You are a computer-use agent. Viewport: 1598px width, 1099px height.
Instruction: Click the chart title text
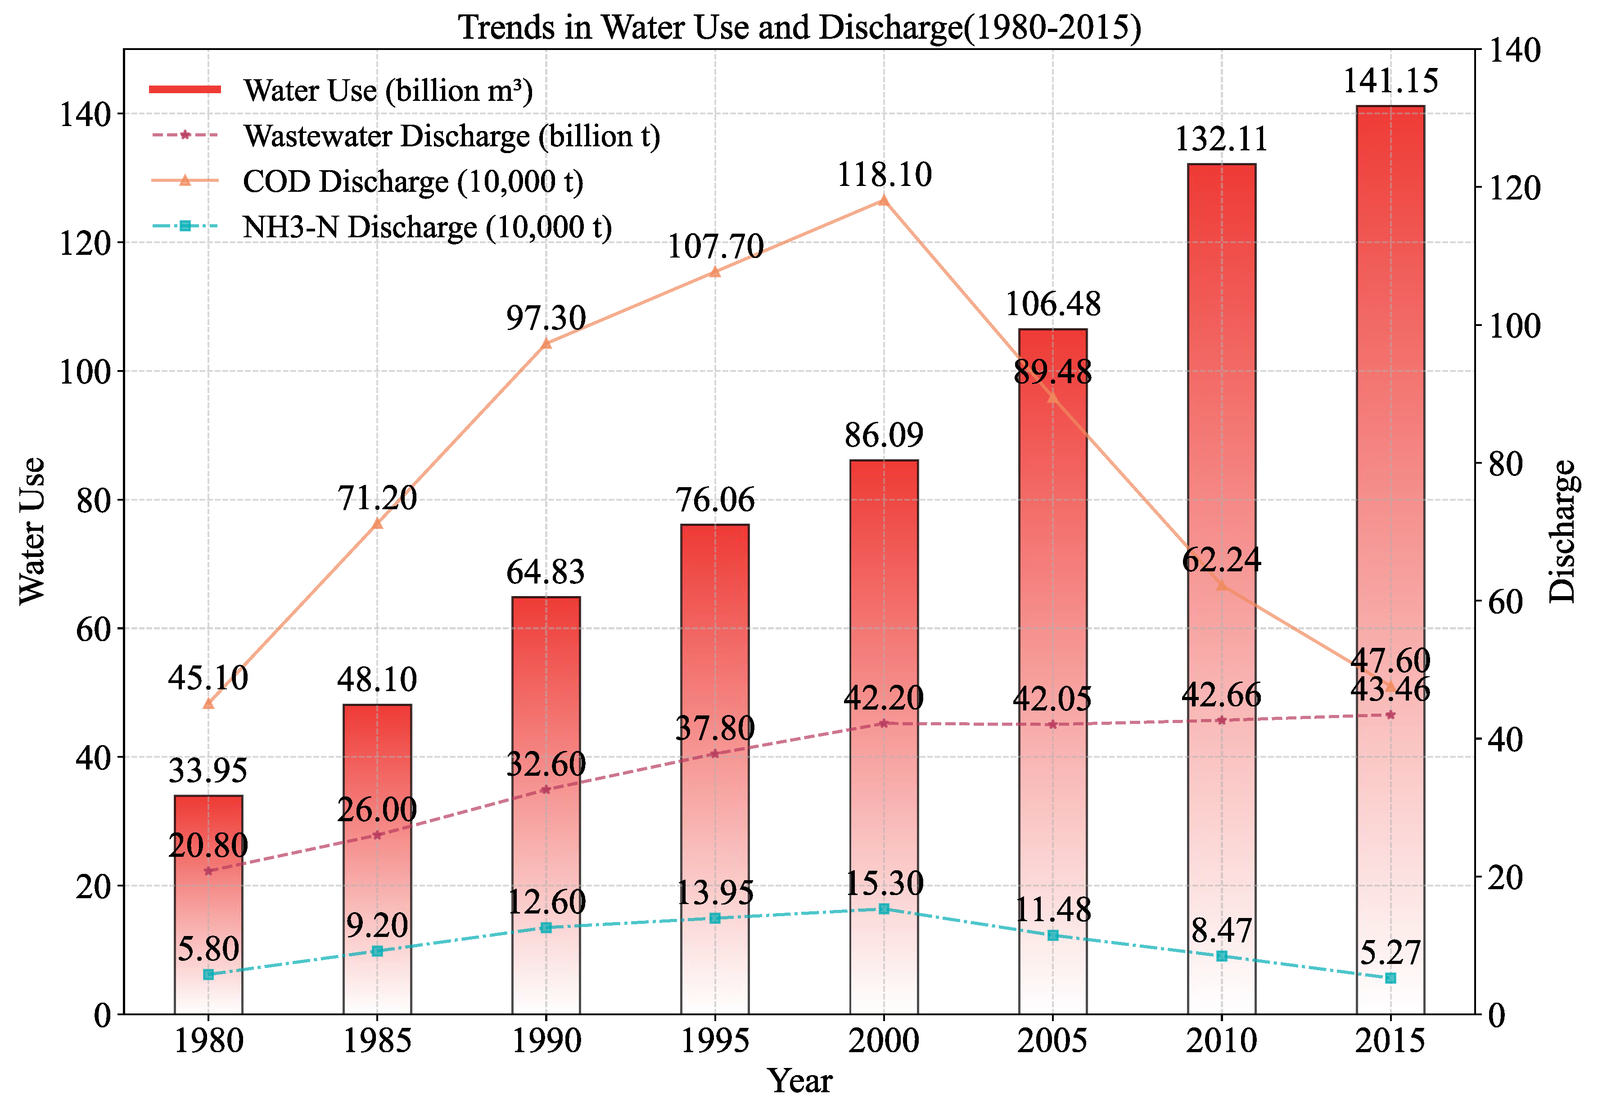pos(799,27)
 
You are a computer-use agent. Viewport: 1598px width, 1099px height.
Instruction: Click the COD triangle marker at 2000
pos(884,200)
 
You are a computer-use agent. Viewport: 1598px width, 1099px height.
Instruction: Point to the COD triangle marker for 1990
pos(546,343)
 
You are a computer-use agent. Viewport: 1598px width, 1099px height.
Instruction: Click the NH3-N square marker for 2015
pos(1390,978)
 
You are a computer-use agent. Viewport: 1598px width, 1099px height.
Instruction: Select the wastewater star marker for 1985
pos(377,835)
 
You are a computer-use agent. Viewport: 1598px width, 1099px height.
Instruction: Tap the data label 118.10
pos(884,174)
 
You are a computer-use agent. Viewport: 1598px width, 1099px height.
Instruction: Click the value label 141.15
pos(1390,81)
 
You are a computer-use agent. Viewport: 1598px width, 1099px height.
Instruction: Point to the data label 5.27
pos(1390,952)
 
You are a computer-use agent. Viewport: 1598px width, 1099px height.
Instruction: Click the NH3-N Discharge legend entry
pos(427,226)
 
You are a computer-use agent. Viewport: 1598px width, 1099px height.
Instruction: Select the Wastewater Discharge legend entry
pos(451,136)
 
